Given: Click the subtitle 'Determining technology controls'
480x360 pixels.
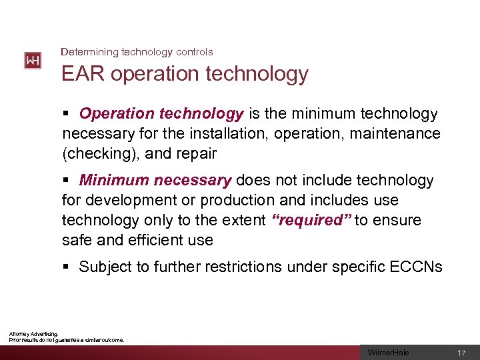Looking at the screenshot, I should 137,51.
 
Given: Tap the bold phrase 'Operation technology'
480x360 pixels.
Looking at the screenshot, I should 161,115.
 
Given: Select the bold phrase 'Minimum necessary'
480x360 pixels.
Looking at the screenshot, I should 155,181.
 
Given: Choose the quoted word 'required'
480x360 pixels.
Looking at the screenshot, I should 312,220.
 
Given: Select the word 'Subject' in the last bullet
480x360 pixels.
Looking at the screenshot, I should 105,267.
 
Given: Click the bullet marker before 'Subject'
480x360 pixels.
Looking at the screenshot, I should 65,267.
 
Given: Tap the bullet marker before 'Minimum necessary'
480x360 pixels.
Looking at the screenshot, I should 65,181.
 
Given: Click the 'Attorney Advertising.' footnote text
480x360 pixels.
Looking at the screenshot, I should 33,334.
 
